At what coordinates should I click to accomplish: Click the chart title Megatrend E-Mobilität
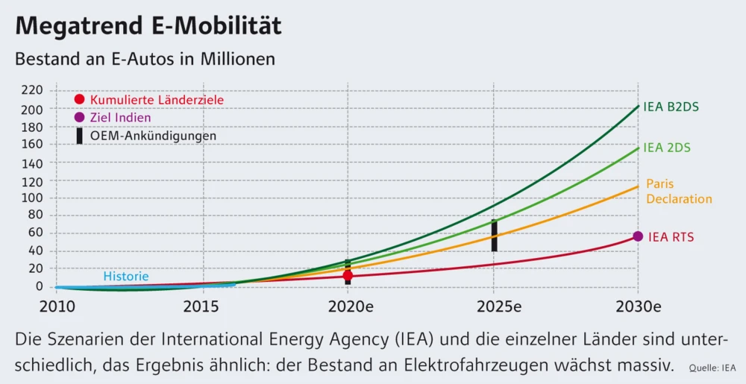(148, 26)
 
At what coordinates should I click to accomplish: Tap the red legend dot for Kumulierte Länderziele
(80, 99)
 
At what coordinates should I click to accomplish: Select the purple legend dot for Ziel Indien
(80, 117)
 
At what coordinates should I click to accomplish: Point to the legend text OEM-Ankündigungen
(153, 136)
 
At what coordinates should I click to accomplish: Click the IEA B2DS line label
(671, 107)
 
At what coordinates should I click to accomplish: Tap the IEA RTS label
(671, 237)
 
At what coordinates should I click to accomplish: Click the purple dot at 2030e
(638, 236)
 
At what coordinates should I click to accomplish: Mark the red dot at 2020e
(348, 276)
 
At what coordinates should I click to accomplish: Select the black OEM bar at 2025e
(494, 236)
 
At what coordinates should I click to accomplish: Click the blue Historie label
(126, 277)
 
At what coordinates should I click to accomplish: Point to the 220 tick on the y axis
(34, 90)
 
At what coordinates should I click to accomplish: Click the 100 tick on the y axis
(34, 198)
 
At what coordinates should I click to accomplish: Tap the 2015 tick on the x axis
(201, 306)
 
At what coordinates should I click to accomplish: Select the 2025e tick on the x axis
(494, 306)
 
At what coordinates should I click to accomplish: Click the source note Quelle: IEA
(712, 368)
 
